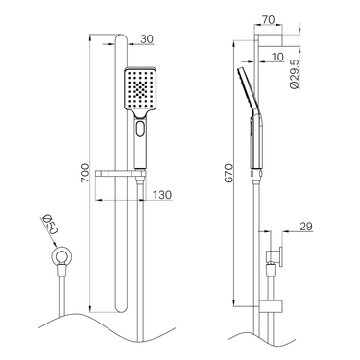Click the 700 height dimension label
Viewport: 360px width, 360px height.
(x=84, y=173)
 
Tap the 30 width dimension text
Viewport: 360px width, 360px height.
(x=147, y=39)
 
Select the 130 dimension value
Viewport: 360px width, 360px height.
(x=162, y=195)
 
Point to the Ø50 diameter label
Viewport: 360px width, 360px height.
(x=50, y=225)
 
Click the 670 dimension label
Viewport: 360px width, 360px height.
(x=228, y=173)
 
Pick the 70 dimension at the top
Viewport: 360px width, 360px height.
(x=268, y=20)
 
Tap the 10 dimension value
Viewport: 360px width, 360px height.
(x=277, y=57)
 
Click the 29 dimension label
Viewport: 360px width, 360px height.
(x=306, y=227)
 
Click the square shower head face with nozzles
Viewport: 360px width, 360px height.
(x=140, y=89)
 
